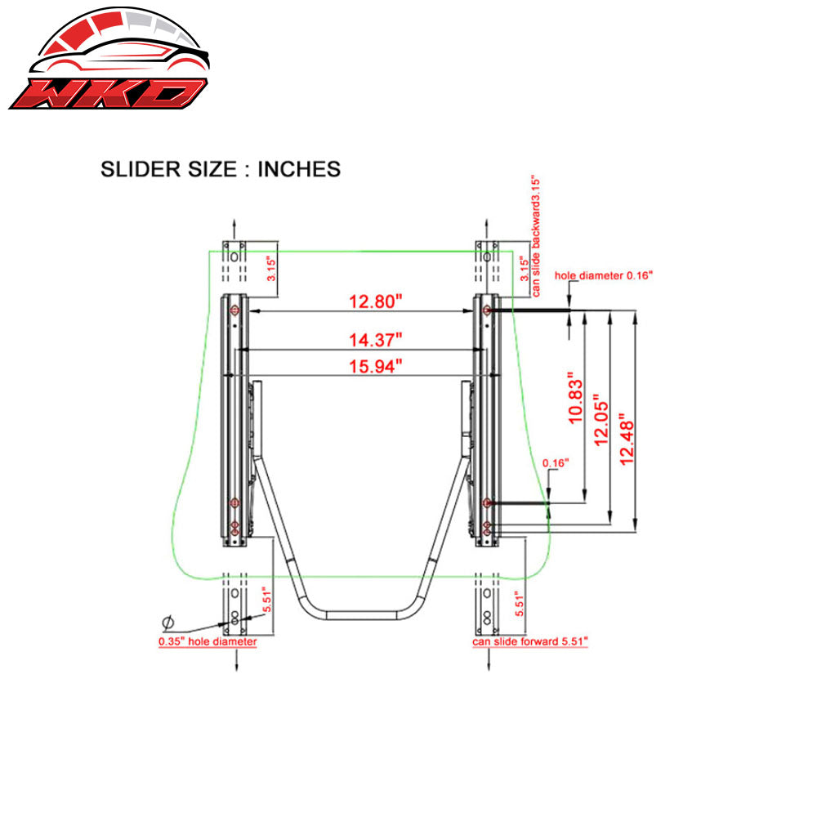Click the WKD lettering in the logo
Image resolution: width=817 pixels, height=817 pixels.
pyautogui.click(x=106, y=92)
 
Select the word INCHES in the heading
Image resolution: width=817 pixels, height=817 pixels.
pyautogui.click(x=298, y=169)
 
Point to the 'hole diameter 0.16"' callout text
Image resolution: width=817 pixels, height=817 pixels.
pyautogui.click(x=604, y=275)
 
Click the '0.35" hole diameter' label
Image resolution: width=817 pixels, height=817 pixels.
pyautogui.click(x=208, y=641)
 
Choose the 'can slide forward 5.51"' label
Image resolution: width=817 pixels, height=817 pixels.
pyautogui.click(x=530, y=641)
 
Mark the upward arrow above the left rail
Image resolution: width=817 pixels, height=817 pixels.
pyautogui.click(x=235, y=225)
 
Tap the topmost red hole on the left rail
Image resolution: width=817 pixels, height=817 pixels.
pyautogui.click(x=235, y=310)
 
